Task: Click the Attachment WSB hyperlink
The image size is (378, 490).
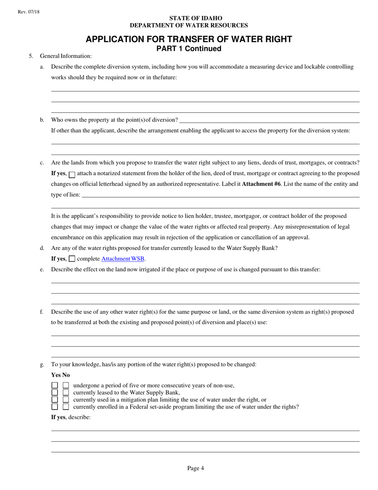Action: coord(123,259)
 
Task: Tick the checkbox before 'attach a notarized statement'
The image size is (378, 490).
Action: coord(72,174)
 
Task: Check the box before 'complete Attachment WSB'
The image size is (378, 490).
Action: coord(72,259)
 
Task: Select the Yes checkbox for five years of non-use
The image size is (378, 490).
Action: coord(55,386)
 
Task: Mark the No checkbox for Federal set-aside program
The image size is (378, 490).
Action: coord(66,407)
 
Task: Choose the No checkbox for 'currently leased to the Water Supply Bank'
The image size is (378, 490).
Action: coord(66,393)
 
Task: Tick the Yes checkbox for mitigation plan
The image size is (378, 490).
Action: coord(55,400)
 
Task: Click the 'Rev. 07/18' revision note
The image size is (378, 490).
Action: coord(29,12)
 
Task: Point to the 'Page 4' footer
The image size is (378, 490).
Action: coord(195,468)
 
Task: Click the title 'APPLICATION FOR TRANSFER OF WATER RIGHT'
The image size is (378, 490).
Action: coord(189,39)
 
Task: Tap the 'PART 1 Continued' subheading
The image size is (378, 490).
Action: coord(189,49)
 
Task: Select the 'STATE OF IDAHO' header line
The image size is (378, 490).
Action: coord(196,18)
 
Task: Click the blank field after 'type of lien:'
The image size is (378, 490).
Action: coord(220,195)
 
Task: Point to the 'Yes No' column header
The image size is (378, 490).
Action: coord(60,375)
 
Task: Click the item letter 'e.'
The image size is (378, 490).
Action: coord(42,270)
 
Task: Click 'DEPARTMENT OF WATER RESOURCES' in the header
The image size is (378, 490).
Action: coord(189,25)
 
